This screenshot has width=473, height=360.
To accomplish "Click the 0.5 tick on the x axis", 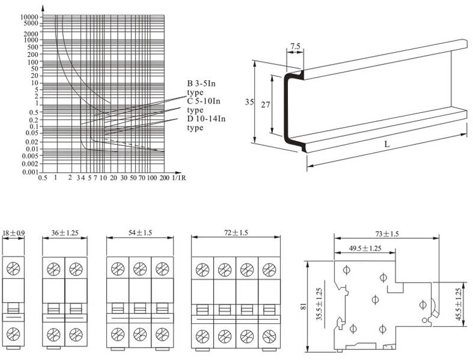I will pyautogui.click(x=43, y=177).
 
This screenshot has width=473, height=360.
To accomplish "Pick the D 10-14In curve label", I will pyautogui.click(x=206, y=119).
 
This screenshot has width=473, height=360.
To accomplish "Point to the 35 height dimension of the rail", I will pyautogui.click(x=250, y=102).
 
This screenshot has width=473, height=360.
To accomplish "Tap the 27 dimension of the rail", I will pyautogui.click(x=265, y=104).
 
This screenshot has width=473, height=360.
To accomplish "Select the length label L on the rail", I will pyautogui.click(x=386, y=144).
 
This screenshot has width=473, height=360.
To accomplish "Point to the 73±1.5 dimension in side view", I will pyautogui.click(x=387, y=234).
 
